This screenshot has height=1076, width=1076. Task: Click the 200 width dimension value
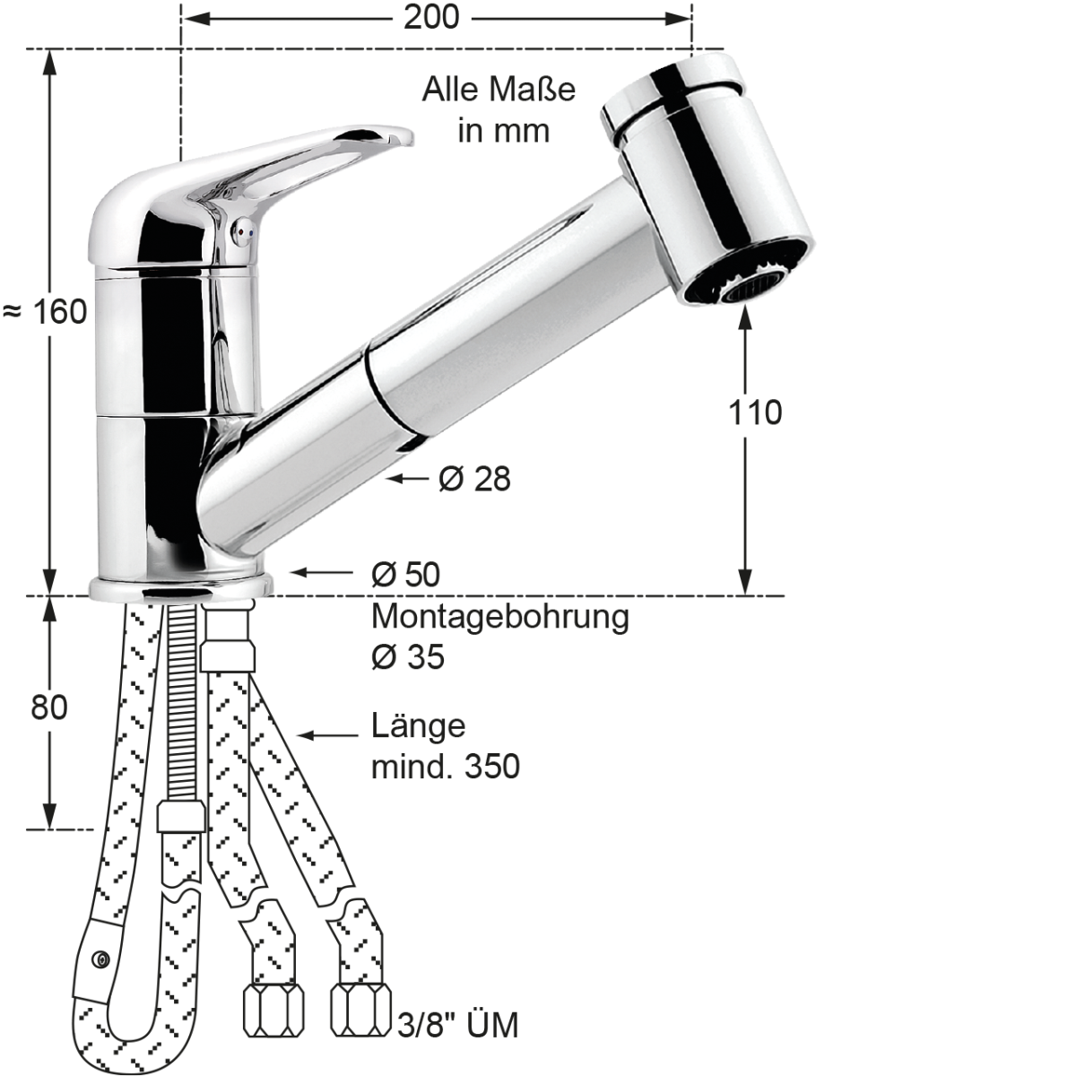pyautogui.click(x=430, y=17)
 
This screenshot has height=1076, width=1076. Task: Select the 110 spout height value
pyautogui.click(x=754, y=412)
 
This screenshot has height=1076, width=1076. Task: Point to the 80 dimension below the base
pyautogui.click(x=49, y=707)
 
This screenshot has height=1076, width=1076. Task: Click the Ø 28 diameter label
pyautogui.click(x=474, y=479)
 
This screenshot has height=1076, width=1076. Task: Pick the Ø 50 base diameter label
pyautogui.click(x=405, y=574)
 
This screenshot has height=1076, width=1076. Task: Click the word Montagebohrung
pyautogui.click(x=499, y=617)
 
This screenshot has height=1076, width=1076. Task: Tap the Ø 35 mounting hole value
pyautogui.click(x=407, y=657)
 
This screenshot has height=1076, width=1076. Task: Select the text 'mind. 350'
pyautogui.click(x=445, y=767)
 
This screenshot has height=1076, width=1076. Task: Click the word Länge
pyautogui.click(x=419, y=725)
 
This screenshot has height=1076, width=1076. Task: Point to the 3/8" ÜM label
pyautogui.click(x=457, y=1025)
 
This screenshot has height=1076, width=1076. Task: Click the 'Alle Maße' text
pyautogui.click(x=499, y=90)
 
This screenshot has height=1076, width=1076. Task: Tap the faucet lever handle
pyautogui.click(x=314, y=152)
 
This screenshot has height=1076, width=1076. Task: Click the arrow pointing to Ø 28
pyautogui.click(x=408, y=479)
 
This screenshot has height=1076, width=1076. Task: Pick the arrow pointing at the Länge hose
pyautogui.click(x=327, y=735)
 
